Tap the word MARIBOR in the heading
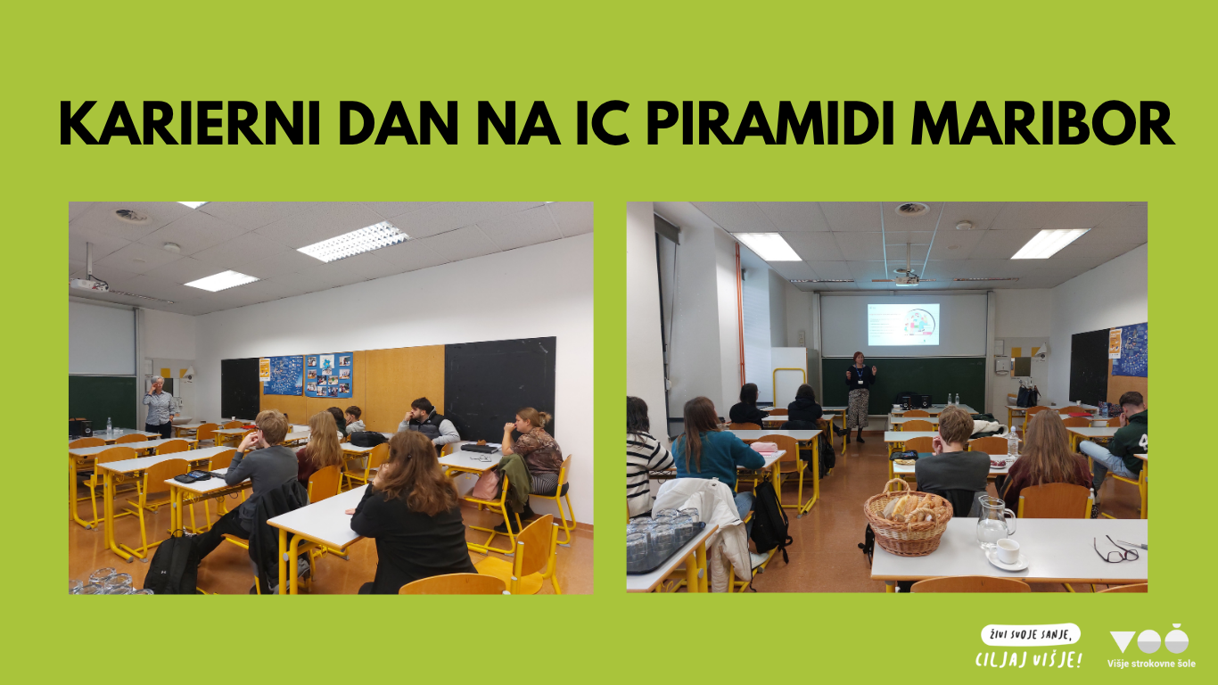tap(1043, 123)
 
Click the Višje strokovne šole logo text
tap(1151, 664)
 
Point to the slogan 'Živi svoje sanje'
tap(1030, 635)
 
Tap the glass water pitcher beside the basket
tap(994, 521)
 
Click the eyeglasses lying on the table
tap(1115, 550)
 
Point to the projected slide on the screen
tap(903, 325)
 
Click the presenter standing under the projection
tap(860, 397)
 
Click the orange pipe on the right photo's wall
tap(740, 316)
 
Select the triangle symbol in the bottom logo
tap(1122, 641)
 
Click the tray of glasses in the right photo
tap(664, 541)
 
